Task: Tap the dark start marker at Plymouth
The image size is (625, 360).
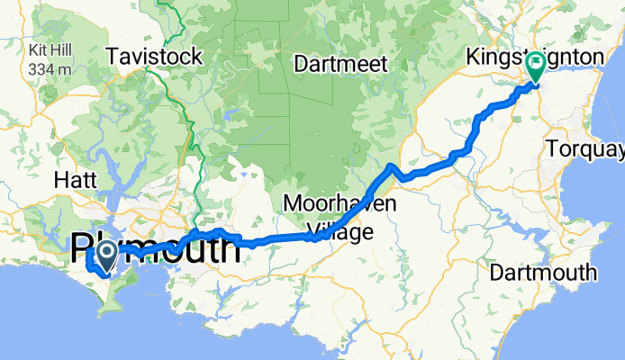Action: point(105,253)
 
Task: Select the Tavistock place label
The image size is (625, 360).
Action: point(154,57)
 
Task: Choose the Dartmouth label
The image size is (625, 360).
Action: point(550,272)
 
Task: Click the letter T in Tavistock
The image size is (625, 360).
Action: point(112,57)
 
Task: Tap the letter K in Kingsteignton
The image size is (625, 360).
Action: point(472,58)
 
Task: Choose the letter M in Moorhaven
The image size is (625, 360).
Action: point(291,203)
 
